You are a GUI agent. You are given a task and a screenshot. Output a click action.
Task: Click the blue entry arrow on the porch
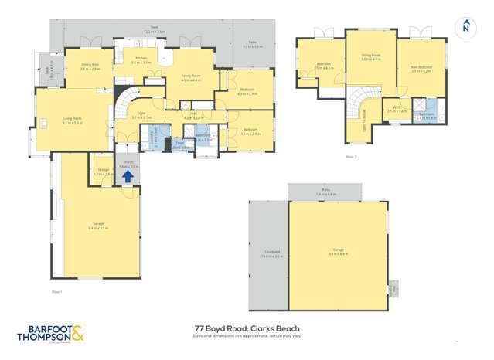(128, 175)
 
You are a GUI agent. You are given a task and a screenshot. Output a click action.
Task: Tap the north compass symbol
(465, 26)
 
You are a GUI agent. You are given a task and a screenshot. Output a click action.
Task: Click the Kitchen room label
(141, 59)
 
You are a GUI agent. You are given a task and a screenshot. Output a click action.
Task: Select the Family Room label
(190, 78)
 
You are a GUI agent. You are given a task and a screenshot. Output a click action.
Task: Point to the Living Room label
(72, 120)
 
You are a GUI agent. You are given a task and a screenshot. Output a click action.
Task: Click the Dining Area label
(90, 67)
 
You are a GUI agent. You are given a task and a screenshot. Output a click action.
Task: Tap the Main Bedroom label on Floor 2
(421, 68)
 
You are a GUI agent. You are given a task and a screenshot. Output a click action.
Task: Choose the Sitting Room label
(371, 57)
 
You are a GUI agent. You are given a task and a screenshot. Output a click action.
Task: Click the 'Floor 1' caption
(56, 290)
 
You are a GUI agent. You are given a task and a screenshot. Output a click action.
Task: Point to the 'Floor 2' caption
(351, 157)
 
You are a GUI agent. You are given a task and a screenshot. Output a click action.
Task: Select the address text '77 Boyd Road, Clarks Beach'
(247, 328)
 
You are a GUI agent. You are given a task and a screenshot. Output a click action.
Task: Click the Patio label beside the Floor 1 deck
(252, 45)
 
